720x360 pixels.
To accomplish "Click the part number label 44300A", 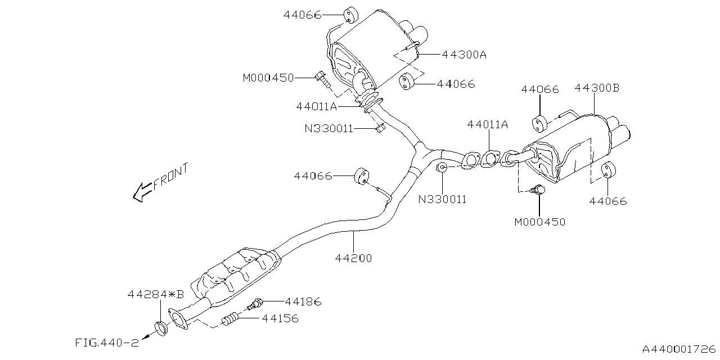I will [x=463, y=55].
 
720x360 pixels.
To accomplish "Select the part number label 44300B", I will [x=597, y=88].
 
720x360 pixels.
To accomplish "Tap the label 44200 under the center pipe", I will [x=353, y=258].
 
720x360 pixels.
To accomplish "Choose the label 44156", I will [x=280, y=319].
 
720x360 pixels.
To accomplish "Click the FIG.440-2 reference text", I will [x=106, y=342].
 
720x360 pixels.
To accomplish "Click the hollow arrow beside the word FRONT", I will [x=141, y=192].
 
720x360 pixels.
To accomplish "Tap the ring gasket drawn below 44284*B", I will [x=161, y=327].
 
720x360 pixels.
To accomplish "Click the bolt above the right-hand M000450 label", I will [x=538, y=190].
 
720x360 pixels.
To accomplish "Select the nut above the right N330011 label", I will [x=442, y=167].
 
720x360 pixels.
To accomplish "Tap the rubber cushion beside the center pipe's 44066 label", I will [x=362, y=175].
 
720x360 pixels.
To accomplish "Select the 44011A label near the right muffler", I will [x=487, y=125].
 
